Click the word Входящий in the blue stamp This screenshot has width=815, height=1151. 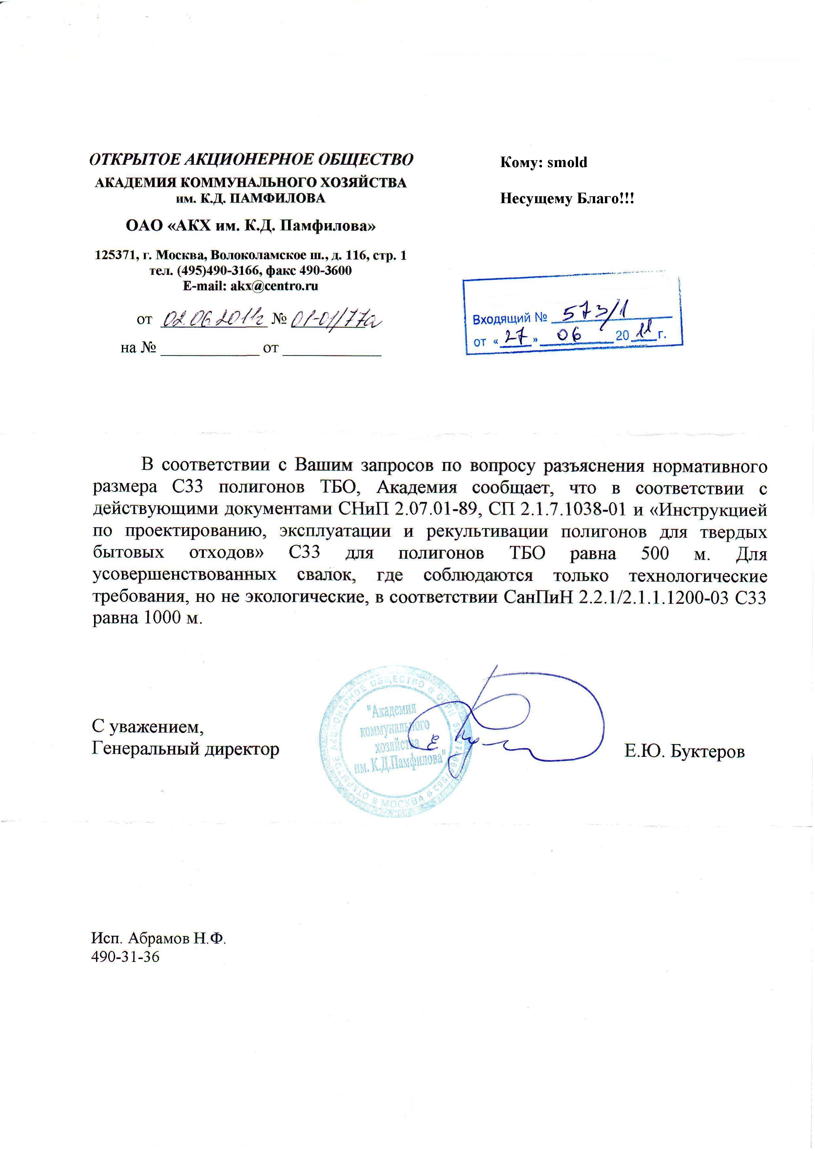(502, 318)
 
